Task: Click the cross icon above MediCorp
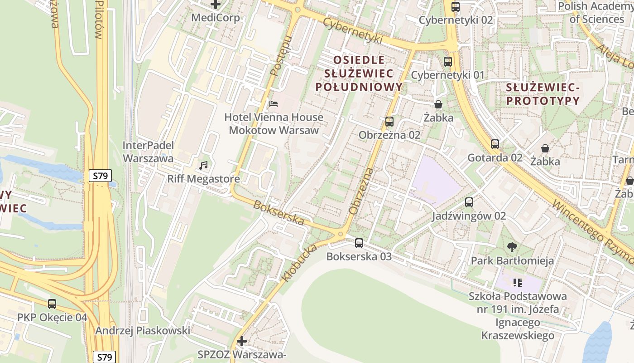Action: pyautogui.click(x=216, y=5)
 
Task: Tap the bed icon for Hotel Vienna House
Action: pyautogui.click(x=274, y=104)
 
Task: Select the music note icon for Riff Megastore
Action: pyautogui.click(x=204, y=166)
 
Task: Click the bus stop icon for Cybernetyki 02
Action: pyautogui.click(x=456, y=7)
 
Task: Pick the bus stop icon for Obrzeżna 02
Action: pyautogui.click(x=389, y=122)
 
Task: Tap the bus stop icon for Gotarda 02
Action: pyautogui.click(x=495, y=144)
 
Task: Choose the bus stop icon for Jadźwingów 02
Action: pyautogui.click(x=469, y=202)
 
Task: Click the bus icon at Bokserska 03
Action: pyautogui.click(x=359, y=243)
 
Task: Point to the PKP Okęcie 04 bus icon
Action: pyautogui.click(x=52, y=304)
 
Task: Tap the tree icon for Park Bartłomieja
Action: pyautogui.click(x=512, y=247)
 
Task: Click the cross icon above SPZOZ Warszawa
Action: pyautogui.click(x=242, y=341)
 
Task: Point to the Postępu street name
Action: pyautogui.click(x=280, y=55)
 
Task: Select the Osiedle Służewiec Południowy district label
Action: pyautogui.click(x=359, y=73)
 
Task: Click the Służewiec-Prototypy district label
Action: pyautogui.click(x=543, y=93)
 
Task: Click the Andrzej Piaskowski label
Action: pyautogui.click(x=143, y=331)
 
